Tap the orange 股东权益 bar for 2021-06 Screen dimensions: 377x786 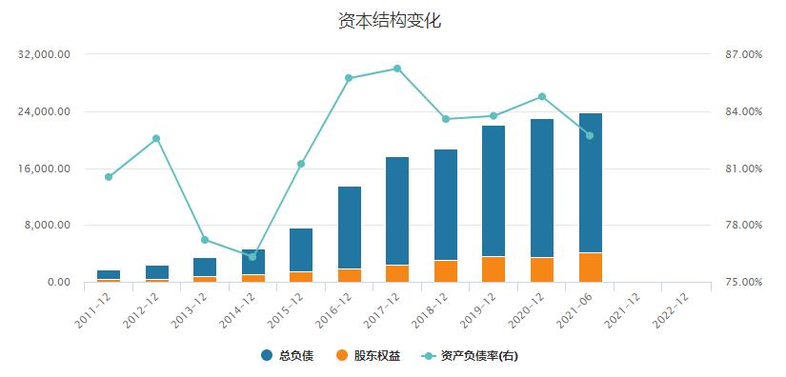pos(590,268)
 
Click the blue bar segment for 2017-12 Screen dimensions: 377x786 pos(397,210)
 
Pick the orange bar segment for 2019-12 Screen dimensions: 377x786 pos(494,269)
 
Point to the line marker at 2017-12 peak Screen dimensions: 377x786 pos(397,69)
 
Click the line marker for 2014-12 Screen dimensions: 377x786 pos(252,257)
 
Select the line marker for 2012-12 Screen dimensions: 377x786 pos(156,139)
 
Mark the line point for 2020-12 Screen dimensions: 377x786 pos(542,96)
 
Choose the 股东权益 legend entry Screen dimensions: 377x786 pos(369,356)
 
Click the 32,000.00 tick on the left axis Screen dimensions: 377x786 pos(45,55)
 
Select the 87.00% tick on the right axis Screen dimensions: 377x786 pos(743,55)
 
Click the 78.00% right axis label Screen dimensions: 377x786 pos(743,226)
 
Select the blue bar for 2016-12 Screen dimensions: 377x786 pos(350,228)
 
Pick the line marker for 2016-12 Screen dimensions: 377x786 pos(350,78)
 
